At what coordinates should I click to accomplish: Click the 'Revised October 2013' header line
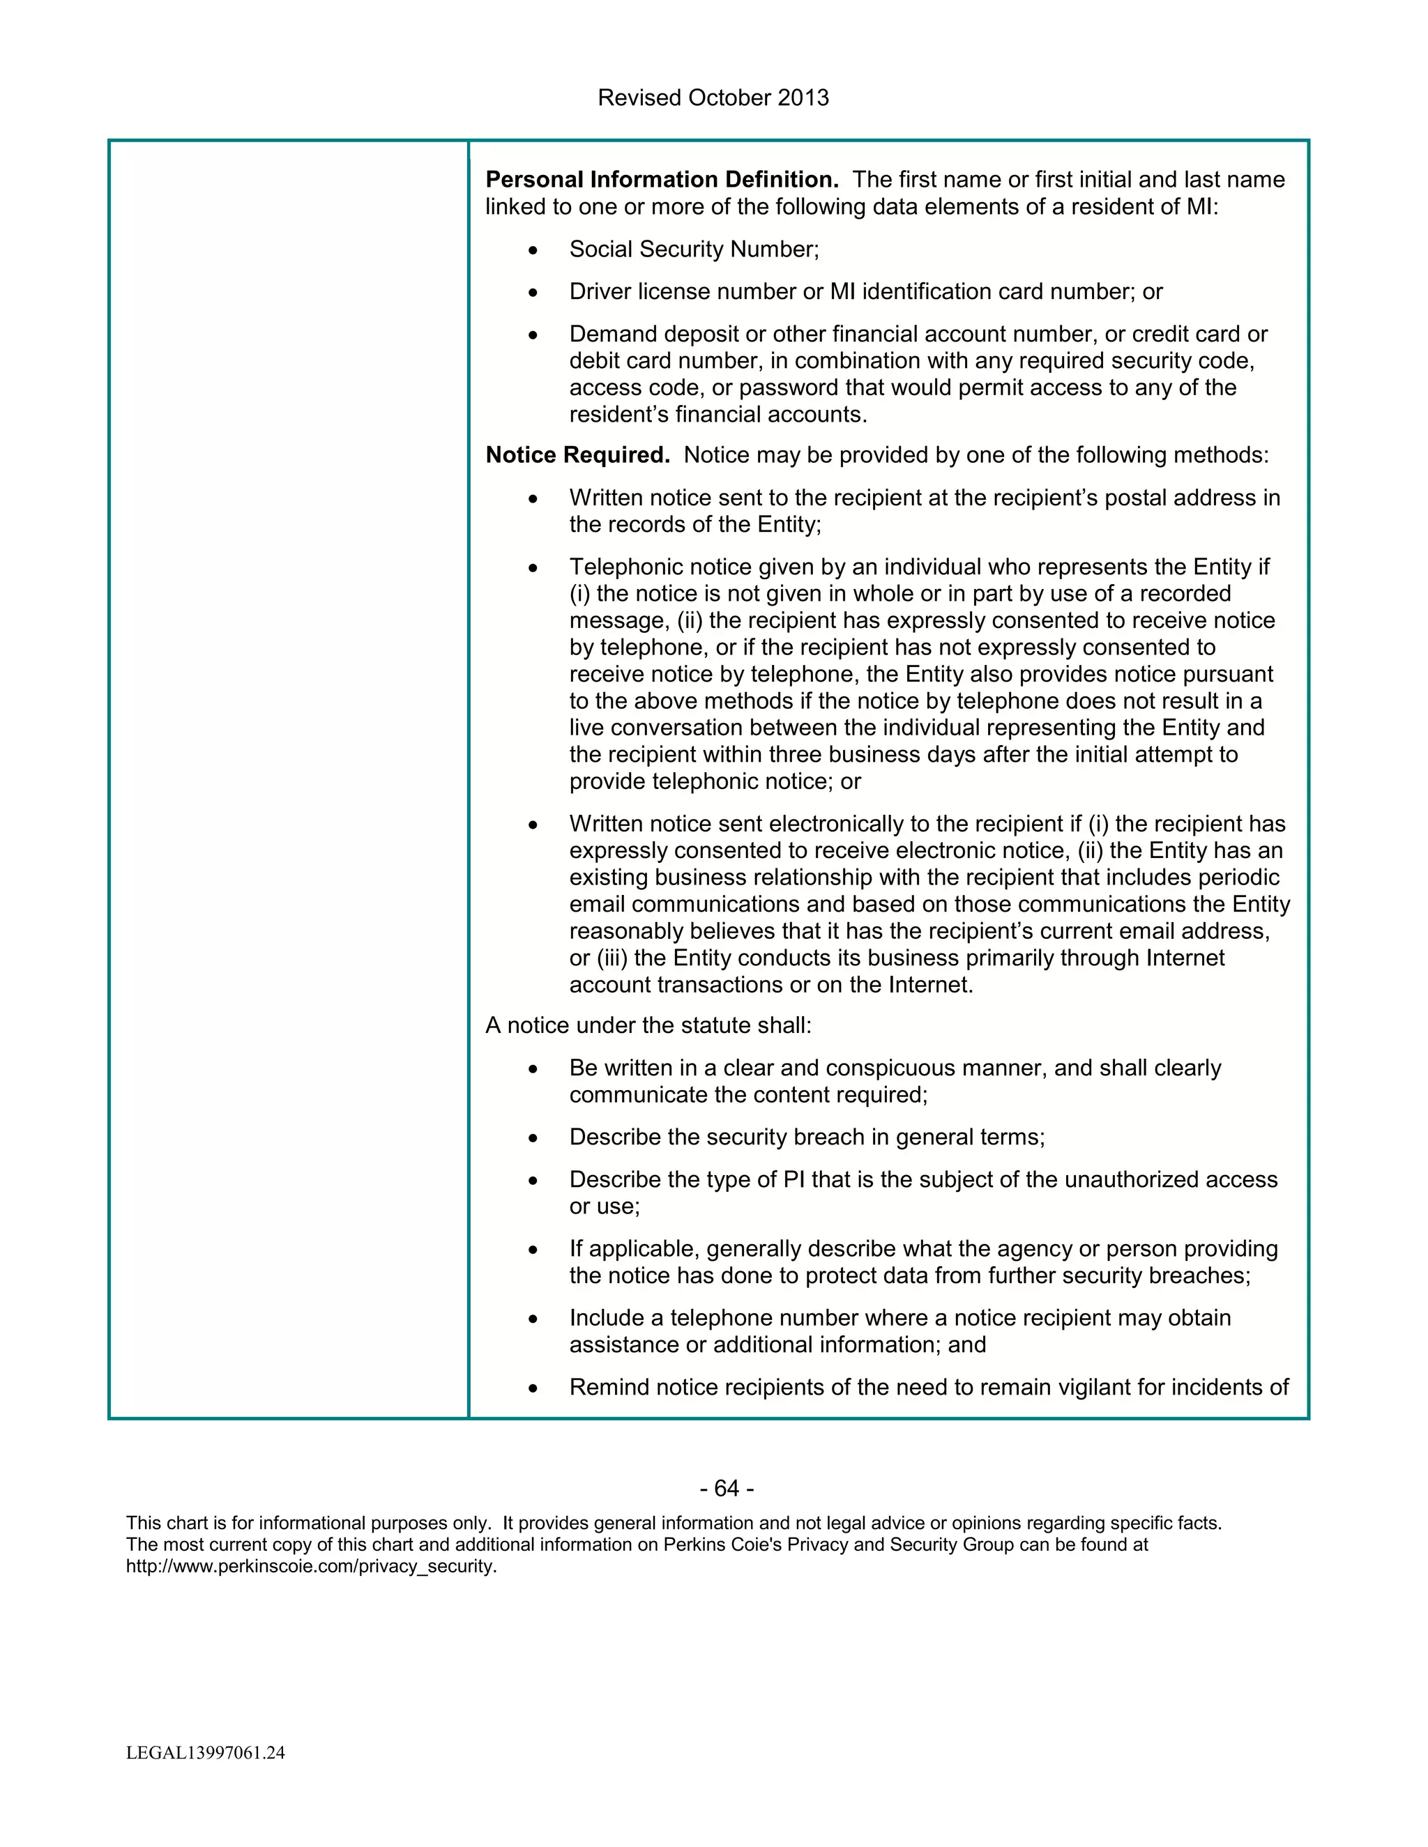pos(713,98)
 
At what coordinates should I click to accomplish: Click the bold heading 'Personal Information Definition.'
pos(662,180)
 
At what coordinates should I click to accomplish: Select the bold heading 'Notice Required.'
pos(577,456)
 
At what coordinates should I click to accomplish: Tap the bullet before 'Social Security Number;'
pos(532,251)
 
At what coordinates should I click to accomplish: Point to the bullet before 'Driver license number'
pos(532,293)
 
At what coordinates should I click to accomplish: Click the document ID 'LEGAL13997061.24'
pos(206,1753)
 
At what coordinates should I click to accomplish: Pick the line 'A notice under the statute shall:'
pos(648,1026)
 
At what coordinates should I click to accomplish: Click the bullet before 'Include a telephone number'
pos(532,1320)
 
